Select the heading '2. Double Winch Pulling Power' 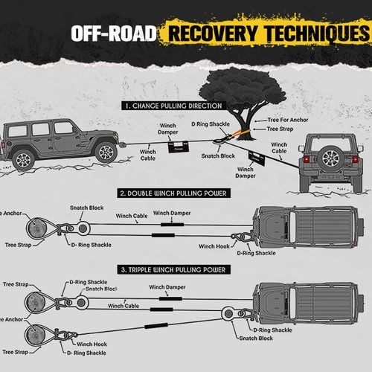tap(173, 193)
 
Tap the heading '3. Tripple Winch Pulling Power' tap(173, 269)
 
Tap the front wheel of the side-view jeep tap(106, 153)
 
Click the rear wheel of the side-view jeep tap(23, 158)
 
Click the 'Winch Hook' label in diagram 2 tap(214, 246)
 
